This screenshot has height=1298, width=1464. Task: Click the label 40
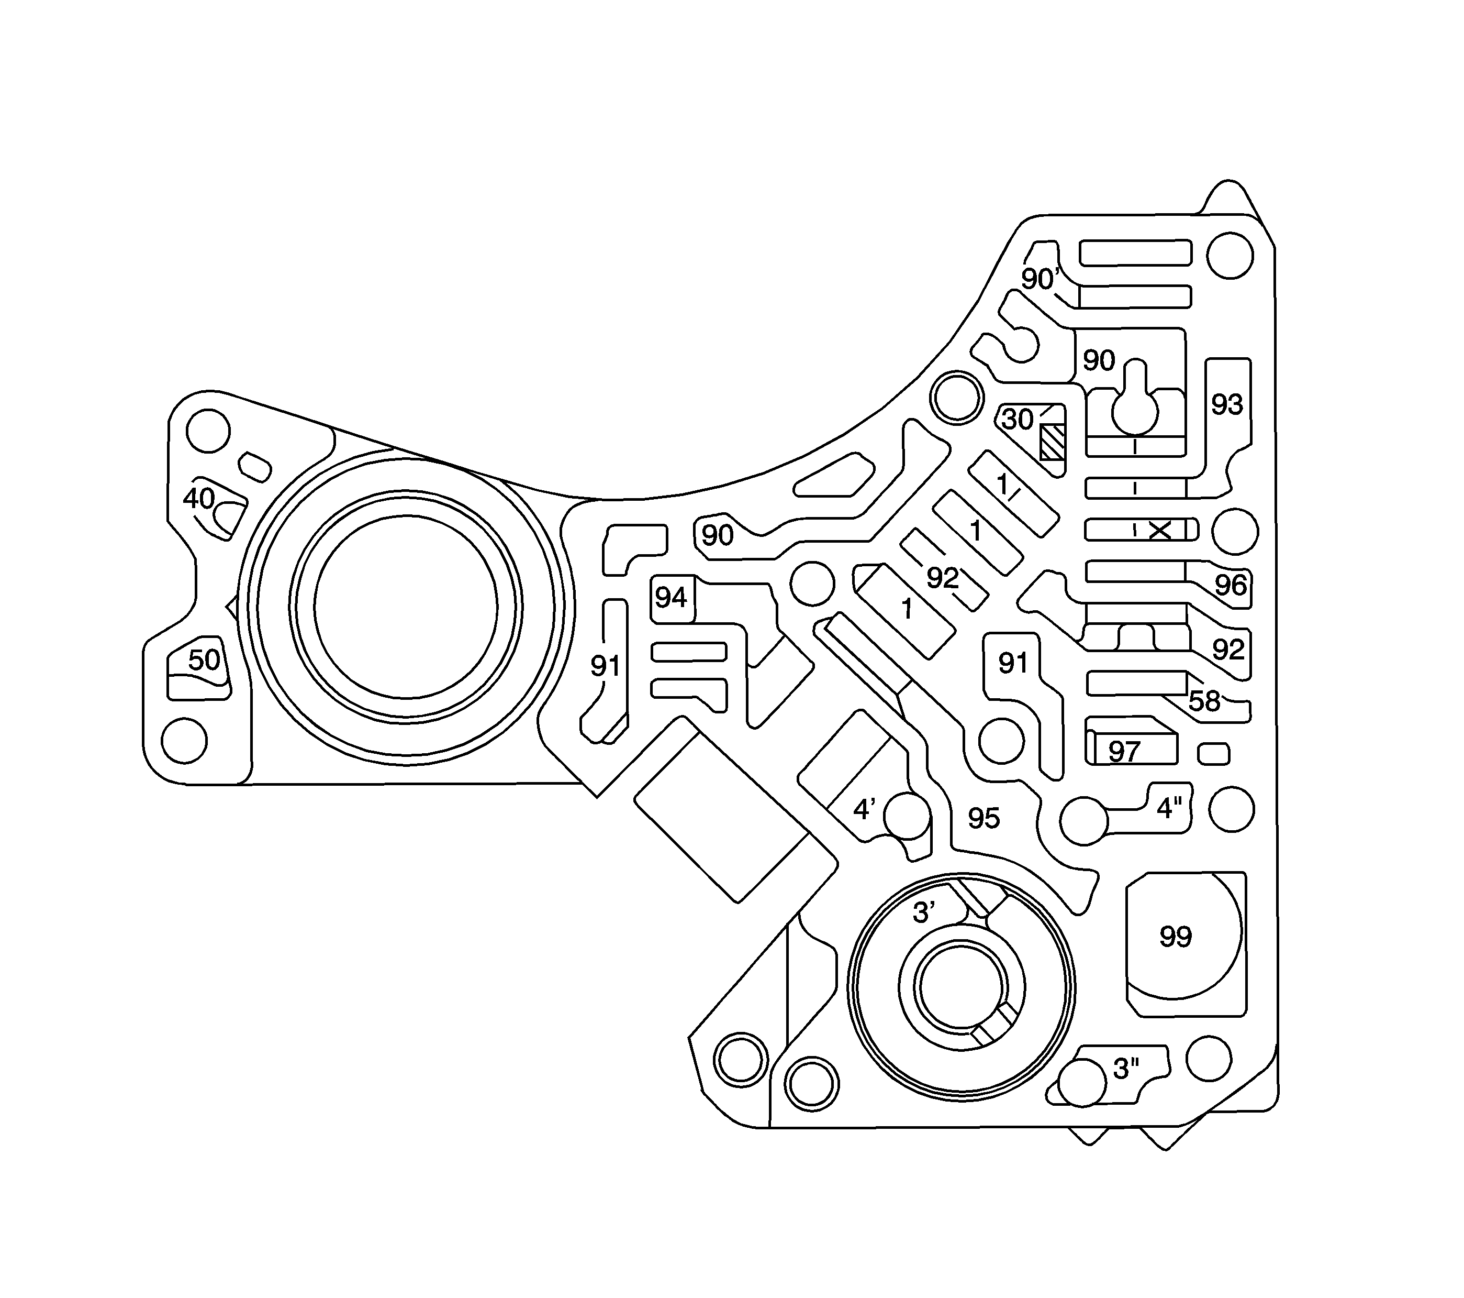(x=198, y=498)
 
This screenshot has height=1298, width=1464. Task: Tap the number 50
(x=204, y=660)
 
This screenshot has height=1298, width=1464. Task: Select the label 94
(x=671, y=597)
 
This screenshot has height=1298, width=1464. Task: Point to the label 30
(x=1017, y=419)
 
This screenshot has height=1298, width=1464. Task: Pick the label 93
(x=1227, y=405)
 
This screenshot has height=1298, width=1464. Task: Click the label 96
(x=1231, y=586)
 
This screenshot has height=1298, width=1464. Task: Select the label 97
(x=1124, y=752)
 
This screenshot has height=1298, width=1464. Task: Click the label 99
(x=1176, y=937)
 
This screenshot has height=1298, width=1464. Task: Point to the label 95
(x=984, y=818)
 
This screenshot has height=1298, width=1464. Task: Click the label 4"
(x=1169, y=808)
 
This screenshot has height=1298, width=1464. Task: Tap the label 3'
(x=924, y=913)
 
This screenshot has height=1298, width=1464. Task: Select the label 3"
(x=1126, y=1069)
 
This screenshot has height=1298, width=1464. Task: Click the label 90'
(x=1040, y=279)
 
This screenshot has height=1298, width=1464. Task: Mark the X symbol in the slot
(x=1159, y=531)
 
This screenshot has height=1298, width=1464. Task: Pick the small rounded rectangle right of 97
(x=1214, y=754)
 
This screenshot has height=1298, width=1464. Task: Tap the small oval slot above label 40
(x=254, y=467)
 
